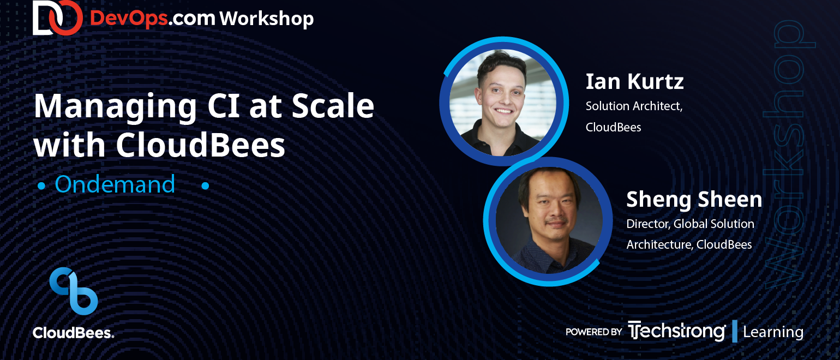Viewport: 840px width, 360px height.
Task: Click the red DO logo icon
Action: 57,17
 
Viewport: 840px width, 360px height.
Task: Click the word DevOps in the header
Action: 129,19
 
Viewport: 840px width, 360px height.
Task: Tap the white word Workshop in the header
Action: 266,19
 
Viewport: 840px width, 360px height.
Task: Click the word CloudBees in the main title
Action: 200,145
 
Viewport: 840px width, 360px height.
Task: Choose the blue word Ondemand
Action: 115,184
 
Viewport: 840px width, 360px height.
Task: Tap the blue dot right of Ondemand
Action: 205,185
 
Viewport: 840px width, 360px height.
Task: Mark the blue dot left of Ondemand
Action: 41,185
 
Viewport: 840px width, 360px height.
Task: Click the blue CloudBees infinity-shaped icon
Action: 74,291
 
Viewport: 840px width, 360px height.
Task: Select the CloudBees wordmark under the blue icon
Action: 73,333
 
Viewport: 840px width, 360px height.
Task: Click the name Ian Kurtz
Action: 634,81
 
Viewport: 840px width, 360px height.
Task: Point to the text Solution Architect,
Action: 634,106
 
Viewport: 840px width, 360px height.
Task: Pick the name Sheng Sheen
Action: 694,199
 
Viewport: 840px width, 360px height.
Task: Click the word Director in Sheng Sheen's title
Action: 648,224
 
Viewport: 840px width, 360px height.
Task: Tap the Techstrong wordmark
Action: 677,331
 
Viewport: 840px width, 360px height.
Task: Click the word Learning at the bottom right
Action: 773,332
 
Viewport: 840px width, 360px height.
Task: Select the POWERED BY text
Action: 593,332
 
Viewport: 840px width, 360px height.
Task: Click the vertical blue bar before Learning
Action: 735,331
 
